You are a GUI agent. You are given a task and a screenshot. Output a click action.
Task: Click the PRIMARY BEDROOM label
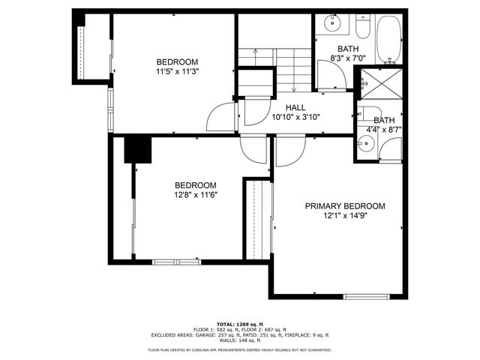(x=344, y=206)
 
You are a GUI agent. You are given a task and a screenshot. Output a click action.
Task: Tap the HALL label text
(x=284, y=107)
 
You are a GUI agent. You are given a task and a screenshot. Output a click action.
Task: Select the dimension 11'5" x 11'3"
(x=177, y=72)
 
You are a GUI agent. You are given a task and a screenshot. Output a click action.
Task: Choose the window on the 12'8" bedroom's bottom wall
(x=177, y=261)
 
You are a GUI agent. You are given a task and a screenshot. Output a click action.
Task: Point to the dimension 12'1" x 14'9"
(x=344, y=216)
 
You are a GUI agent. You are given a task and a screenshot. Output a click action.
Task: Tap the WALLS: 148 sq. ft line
(x=239, y=340)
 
